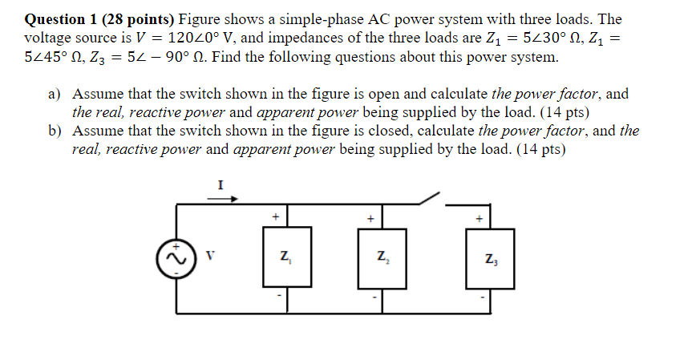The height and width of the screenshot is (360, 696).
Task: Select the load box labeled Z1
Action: pyautogui.click(x=285, y=258)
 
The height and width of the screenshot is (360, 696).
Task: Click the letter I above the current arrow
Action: pyautogui.click(x=221, y=184)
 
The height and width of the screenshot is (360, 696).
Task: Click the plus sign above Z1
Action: pyautogui.click(x=275, y=216)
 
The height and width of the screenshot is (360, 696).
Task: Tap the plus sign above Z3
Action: pyautogui.click(x=480, y=216)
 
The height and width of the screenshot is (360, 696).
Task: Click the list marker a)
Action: pyautogui.click(x=56, y=94)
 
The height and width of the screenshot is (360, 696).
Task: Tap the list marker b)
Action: pyautogui.click(x=56, y=131)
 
